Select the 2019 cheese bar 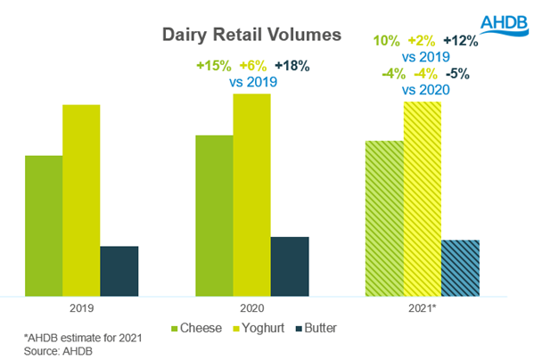point(44,225)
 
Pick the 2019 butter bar point(119,270)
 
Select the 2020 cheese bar point(214,215)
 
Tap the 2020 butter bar point(289,266)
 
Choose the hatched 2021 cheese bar point(384,217)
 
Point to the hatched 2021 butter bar point(460,267)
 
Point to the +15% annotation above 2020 point(214,65)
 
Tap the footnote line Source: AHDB point(59,350)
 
